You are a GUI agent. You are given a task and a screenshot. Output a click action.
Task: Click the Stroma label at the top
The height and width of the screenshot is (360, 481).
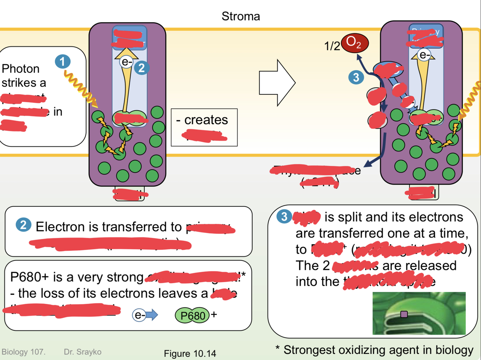tap(240, 16)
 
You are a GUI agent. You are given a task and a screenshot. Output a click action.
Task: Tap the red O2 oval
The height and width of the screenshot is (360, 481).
tap(354, 43)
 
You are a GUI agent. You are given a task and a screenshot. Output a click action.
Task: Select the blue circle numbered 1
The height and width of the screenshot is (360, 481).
tap(63, 62)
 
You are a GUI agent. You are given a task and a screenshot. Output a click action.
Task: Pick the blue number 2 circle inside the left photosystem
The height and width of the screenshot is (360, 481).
tap(141, 68)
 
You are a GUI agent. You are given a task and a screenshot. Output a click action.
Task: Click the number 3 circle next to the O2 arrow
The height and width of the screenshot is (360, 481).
tap(356, 77)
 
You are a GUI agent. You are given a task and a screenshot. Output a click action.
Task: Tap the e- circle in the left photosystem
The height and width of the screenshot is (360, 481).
tap(126, 62)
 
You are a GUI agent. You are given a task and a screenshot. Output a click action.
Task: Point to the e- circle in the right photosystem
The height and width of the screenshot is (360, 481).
tap(424, 55)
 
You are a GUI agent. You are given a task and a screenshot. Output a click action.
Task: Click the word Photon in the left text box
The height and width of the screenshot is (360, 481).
tap(21, 68)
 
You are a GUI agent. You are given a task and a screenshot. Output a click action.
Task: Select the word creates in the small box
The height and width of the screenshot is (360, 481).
tap(206, 120)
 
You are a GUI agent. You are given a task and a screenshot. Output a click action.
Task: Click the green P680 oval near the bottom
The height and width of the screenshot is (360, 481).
tap(193, 316)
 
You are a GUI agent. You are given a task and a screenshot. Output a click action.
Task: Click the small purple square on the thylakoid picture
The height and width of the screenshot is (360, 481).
tap(404, 314)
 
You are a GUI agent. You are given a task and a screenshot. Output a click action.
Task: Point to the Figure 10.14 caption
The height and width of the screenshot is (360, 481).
tap(190, 354)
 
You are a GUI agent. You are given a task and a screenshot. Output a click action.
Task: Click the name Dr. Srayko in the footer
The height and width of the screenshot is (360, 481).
tap(83, 352)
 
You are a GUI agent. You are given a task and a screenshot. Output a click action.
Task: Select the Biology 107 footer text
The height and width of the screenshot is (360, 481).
tap(23, 352)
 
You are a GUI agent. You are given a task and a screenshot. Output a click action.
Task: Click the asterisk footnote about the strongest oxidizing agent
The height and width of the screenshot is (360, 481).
tap(374, 350)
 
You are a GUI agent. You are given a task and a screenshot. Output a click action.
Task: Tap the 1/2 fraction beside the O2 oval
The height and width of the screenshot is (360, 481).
tap(332, 46)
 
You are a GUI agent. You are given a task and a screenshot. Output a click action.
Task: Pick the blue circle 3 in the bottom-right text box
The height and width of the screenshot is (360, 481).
tap(284, 217)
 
